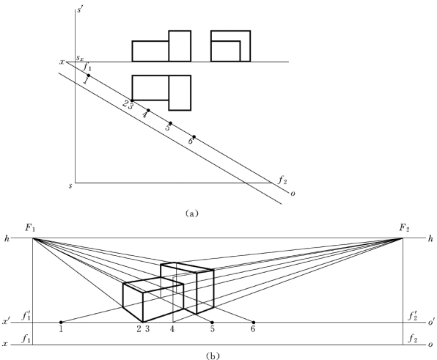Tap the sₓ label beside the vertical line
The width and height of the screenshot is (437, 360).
tap(80, 59)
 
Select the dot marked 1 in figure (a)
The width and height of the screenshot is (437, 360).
tap(89, 76)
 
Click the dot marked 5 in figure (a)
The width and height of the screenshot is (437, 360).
tap(171, 123)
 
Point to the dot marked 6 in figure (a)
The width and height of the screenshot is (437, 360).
tap(194, 137)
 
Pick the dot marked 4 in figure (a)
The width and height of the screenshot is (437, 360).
tap(148, 110)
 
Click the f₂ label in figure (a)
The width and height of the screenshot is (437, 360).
tap(282, 180)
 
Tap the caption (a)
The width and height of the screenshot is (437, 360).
tap(192, 213)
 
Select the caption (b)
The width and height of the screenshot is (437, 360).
tap(213, 356)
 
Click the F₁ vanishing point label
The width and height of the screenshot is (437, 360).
tap(30, 228)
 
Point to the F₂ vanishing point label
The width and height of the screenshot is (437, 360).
tap(405, 228)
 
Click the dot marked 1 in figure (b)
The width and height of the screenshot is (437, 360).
tap(61, 323)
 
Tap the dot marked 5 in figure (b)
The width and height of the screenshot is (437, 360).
tap(212, 323)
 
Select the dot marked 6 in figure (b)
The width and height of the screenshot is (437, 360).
tap(254, 323)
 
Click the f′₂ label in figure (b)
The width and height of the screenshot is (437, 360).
tap(413, 316)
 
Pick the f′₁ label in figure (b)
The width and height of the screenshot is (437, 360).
tap(26, 316)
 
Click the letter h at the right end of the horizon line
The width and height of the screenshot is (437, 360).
tap(430, 238)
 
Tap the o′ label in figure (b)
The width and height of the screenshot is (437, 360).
tap(431, 323)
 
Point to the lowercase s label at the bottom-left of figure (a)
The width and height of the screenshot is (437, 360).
tap(70, 185)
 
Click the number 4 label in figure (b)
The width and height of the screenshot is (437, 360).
tap(172, 329)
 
